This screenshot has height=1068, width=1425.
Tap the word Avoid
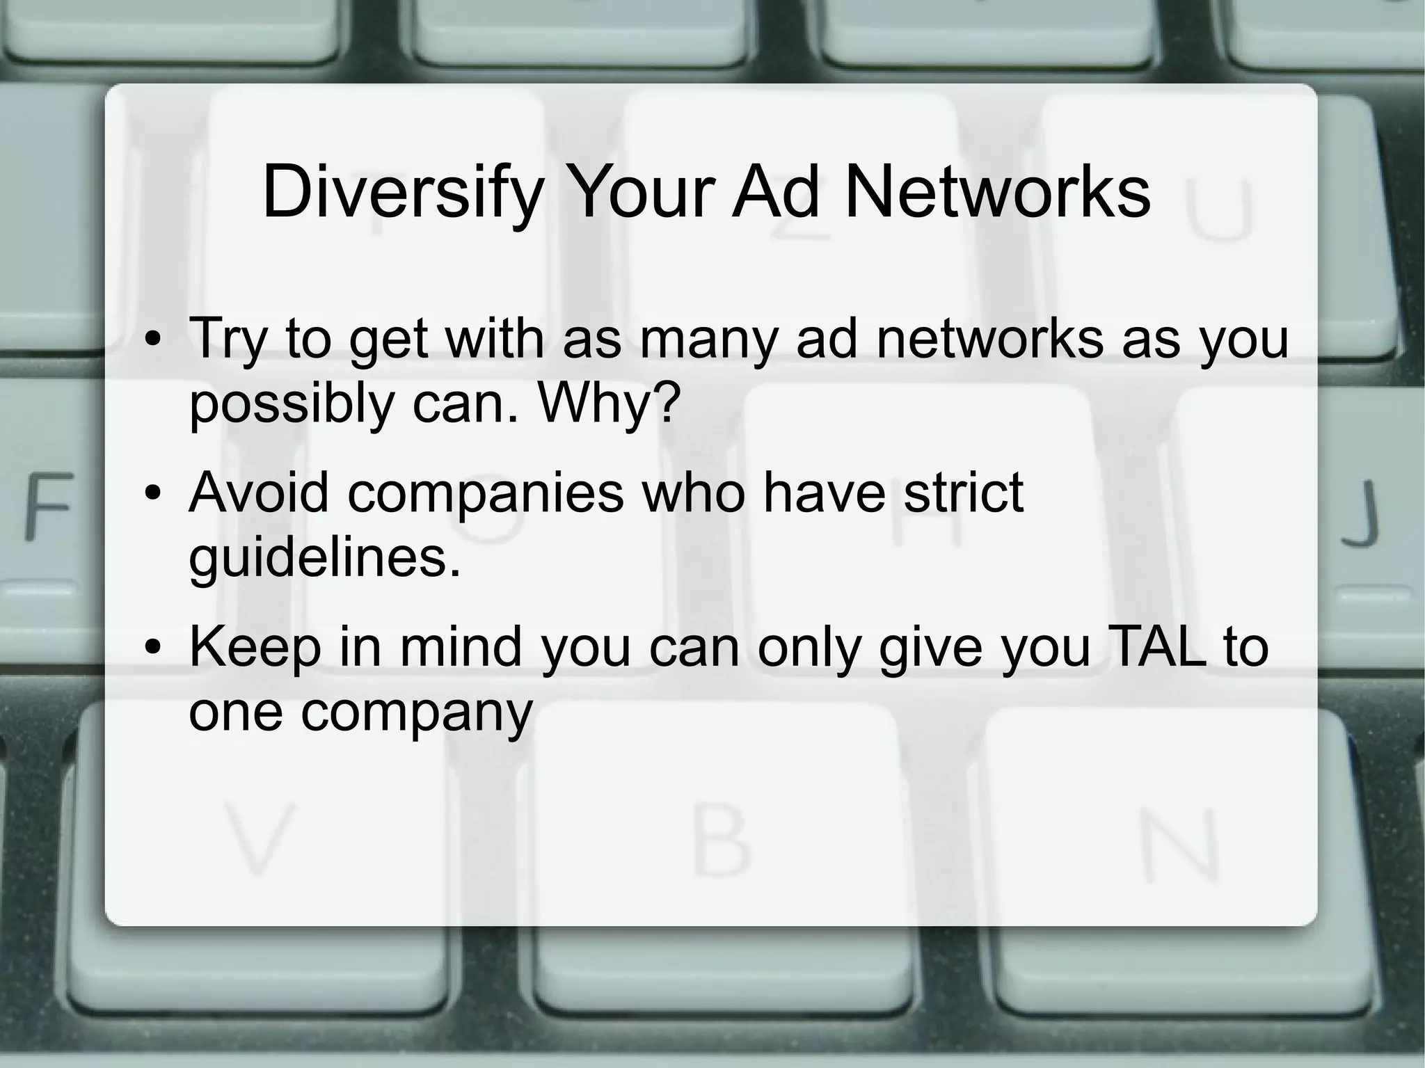258,492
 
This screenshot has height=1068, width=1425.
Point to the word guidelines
324,558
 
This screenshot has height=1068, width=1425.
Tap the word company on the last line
416,714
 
